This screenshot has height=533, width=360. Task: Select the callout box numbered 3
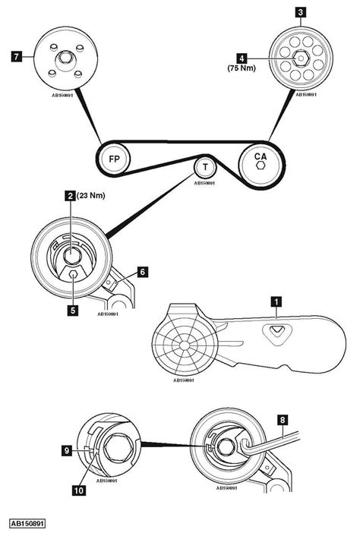[301, 12]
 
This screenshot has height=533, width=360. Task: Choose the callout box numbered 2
[70, 196]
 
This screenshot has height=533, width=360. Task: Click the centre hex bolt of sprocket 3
[298, 55]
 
